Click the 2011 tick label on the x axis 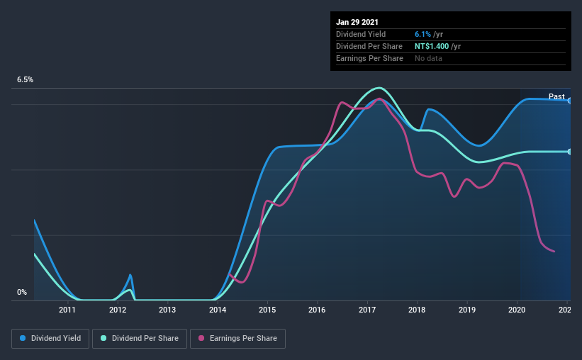[67, 310]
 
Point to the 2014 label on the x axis [217, 310]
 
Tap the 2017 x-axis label [367, 310]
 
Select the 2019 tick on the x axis [467, 310]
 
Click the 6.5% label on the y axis [26, 80]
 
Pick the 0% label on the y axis [22, 292]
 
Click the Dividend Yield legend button [50, 339]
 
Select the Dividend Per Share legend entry [140, 339]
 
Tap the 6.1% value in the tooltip [423, 34]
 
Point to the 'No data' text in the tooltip [428, 58]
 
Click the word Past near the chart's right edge [556, 96]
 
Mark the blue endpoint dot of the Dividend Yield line [569, 101]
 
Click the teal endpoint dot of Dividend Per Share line [569, 152]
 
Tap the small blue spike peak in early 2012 [130, 275]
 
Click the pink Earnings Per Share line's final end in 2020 [554, 252]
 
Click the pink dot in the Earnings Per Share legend [201, 339]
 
